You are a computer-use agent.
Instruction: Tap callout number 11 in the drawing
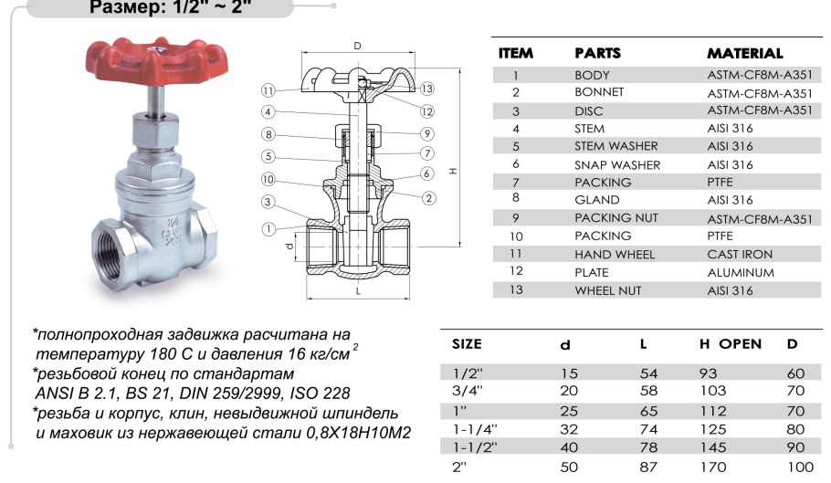pyautogui.click(x=267, y=90)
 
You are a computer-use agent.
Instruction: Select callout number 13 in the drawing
pyautogui.click(x=426, y=89)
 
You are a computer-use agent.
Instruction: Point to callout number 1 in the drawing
pyautogui.click(x=268, y=227)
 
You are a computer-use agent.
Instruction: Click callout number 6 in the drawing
pyautogui.click(x=426, y=173)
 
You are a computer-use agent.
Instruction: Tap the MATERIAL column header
pyautogui.click(x=745, y=54)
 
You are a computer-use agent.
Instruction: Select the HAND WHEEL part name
pyautogui.click(x=614, y=255)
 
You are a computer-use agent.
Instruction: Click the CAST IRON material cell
pyautogui.click(x=740, y=255)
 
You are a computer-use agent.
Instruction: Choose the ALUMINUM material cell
pyautogui.click(x=741, y=272)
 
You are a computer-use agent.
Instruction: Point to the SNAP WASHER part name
pyautogui.click(x=616, y=165)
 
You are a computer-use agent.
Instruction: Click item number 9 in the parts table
pyautogui.click(x=516, y=219)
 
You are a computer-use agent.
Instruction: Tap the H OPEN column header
pyautogui.click(x=730, y=344)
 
